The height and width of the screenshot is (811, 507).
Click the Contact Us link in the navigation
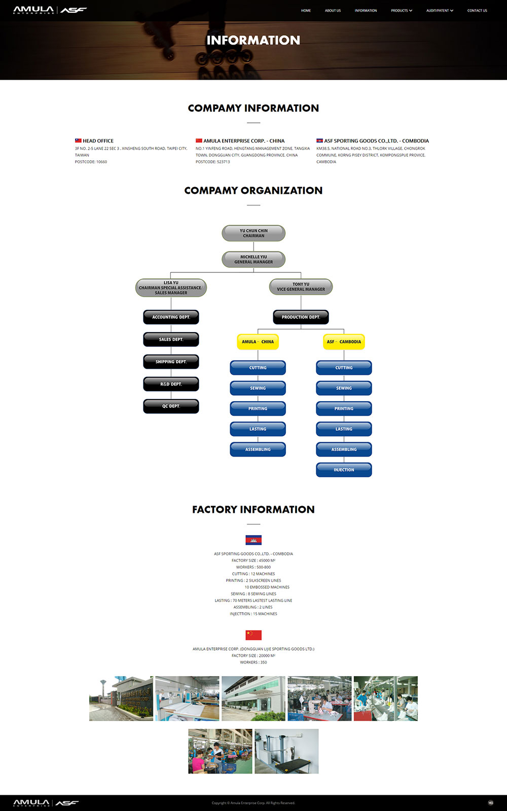point(477,11)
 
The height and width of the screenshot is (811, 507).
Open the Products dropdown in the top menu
point(402,11)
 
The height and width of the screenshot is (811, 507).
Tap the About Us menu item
point(333,11)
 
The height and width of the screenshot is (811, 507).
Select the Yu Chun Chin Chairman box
point(253,233)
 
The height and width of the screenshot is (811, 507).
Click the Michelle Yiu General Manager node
point(253,259)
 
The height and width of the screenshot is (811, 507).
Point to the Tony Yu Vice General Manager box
point(301,287)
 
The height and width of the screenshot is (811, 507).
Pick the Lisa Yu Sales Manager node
point(171,288)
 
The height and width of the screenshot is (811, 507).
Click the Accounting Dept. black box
point(171,317)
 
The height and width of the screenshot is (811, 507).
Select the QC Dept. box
point(171,406)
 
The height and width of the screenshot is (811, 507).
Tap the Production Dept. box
point(301,317)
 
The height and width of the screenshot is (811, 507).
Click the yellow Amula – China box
point(258,342)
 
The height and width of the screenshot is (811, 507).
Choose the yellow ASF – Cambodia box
point(344,342)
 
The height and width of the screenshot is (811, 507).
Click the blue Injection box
point(344,470)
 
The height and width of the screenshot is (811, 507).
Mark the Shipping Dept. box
point(171,362)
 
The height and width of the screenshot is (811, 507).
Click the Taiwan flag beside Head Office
point(78,140)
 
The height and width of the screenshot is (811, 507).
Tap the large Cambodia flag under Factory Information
point(253,540)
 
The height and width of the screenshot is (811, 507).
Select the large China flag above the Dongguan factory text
point(253,635)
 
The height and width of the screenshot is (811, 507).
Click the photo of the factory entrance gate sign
point(121,698)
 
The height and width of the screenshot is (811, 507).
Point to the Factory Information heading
point(253,509)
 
